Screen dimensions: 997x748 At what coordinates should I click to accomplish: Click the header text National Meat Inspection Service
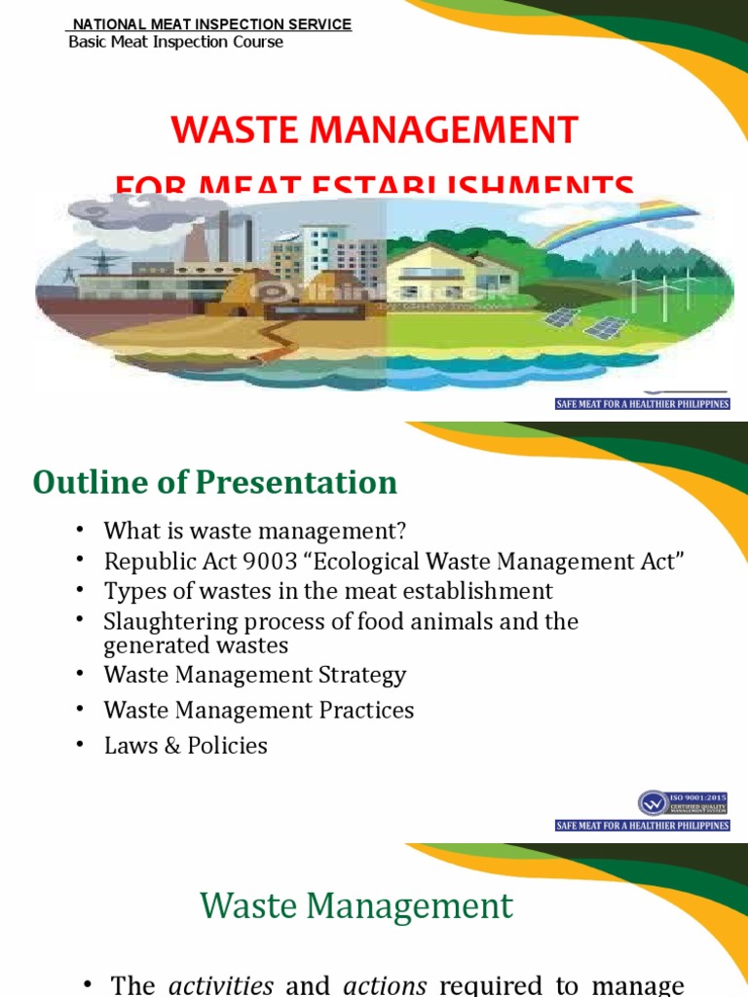pos(212,24)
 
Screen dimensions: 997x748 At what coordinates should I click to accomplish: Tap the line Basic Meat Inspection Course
pos(175,42)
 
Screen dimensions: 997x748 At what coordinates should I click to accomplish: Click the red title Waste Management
pos(375,129)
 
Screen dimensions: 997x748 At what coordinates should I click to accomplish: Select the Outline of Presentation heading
pos(215,482)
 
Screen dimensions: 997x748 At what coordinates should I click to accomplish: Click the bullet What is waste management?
pos(254,531)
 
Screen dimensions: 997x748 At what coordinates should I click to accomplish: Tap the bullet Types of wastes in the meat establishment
pos(328,591)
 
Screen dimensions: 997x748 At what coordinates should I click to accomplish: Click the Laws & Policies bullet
pos(185,746)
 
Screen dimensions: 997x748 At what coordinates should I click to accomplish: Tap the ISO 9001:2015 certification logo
pos(682,803)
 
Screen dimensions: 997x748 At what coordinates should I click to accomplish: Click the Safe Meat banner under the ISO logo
pos(642,826)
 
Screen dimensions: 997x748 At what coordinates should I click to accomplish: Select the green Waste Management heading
pos(356,906)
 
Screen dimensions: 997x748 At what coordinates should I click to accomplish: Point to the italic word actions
pos(384,984)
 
